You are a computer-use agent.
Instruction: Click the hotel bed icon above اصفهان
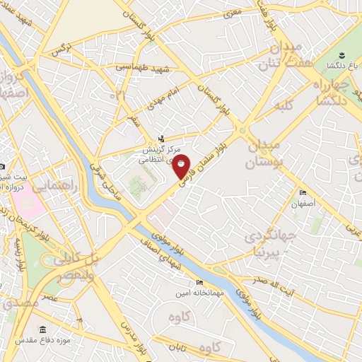click(x=303, y=193)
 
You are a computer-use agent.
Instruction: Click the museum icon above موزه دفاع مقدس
click(x=44, y=330)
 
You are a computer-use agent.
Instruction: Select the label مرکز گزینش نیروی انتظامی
click(x=163, y=155)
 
